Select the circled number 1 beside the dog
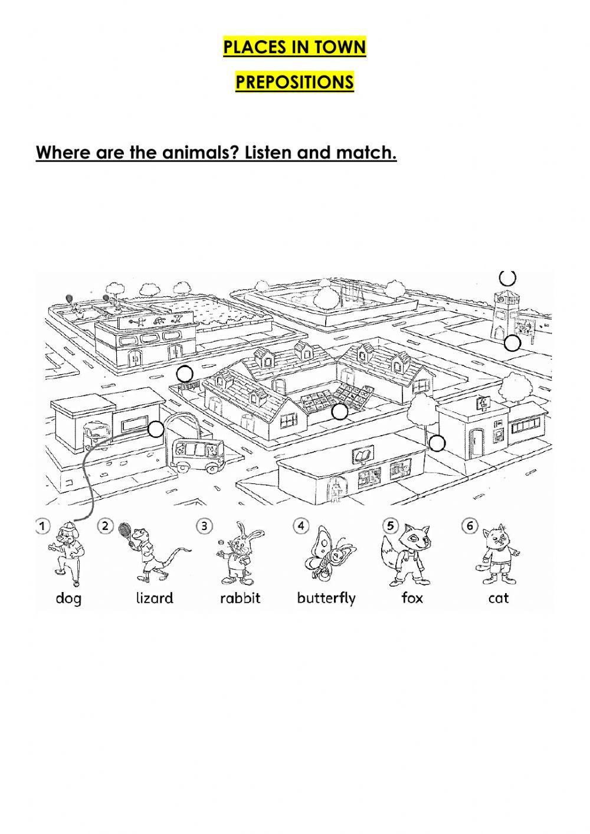(42, 525)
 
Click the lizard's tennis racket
(126, 529)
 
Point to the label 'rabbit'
(240, 598)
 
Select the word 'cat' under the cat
(499, 598)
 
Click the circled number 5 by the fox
(390, 525)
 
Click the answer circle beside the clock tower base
(512, 343)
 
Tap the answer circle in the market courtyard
(339, 411)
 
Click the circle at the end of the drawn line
(155, 429)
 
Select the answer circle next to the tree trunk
(437, 443)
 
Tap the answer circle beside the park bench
(185, 373)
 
